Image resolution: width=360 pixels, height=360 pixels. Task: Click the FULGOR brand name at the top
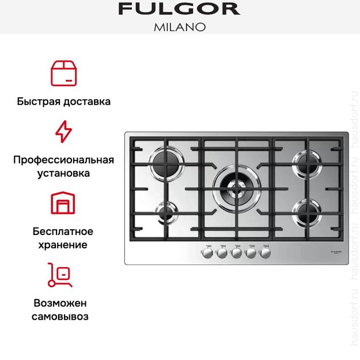[x=179, y=9]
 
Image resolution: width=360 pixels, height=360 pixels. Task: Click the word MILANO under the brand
[x=179, y=26]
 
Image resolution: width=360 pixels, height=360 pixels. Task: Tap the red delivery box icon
[x=63, y=72]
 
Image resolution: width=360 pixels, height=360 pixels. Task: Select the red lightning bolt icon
[x=63, y=132]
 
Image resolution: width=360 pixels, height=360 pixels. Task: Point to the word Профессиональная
[x=63, y=160]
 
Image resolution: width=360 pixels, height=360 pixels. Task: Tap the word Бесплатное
[x=63, y=232]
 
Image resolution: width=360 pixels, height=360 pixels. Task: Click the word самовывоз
[x=60, y=316]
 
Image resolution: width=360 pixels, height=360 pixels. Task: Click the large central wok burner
[x=235, y=187]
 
